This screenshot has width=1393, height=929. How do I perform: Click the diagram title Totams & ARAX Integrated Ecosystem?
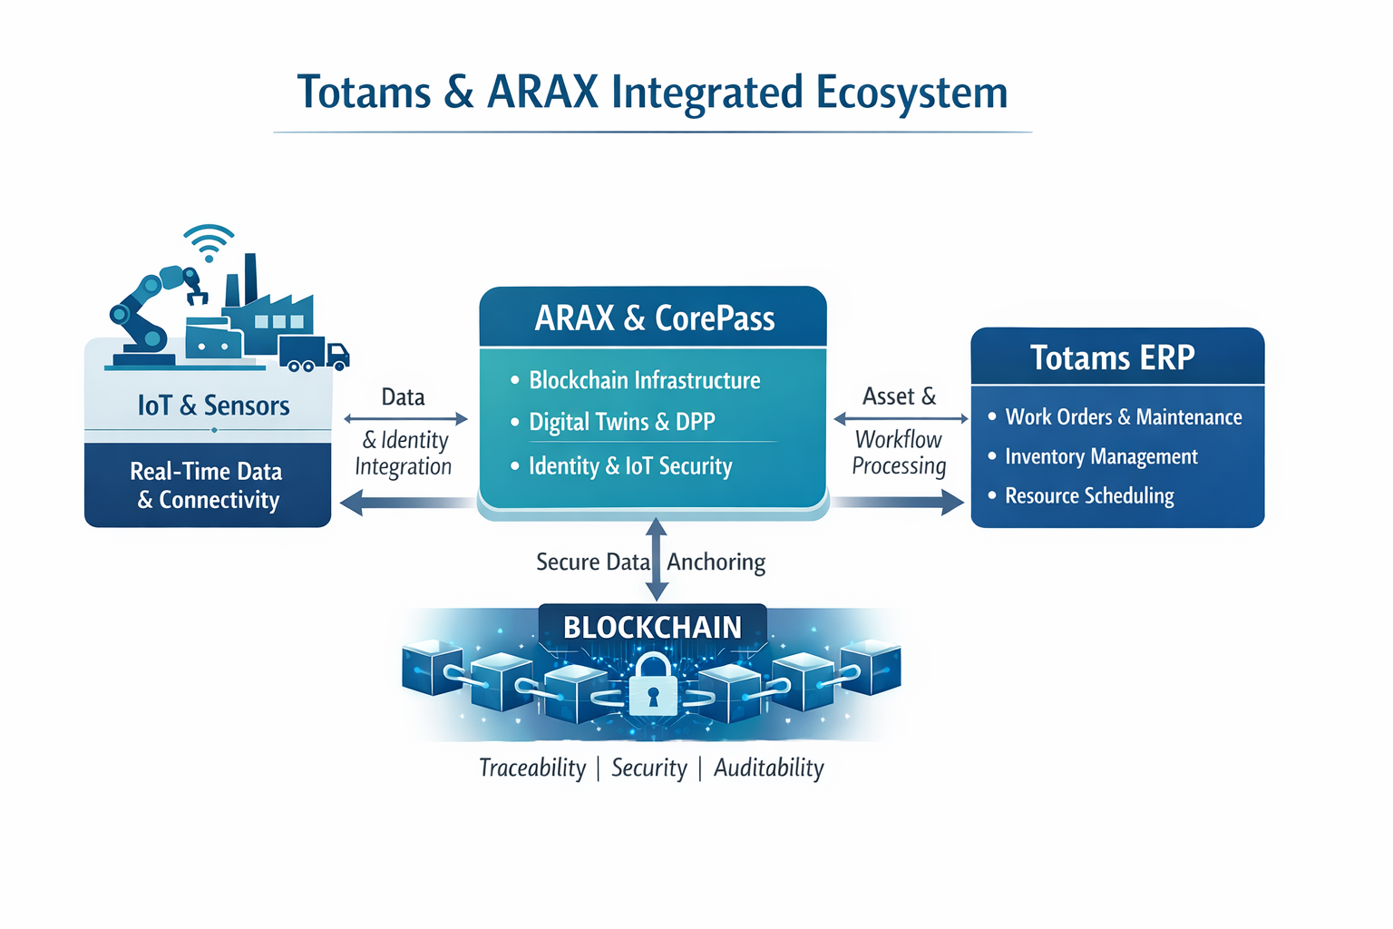coord(652,93)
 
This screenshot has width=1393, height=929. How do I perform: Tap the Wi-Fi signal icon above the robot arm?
coord(209,242)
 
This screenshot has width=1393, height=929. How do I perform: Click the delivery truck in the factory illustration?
coord(313,353)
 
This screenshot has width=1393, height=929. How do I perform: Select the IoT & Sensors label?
coord(213,406)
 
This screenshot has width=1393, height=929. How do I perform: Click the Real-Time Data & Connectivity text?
coord(207,485)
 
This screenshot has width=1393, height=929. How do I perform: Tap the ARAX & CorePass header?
coord(654,318)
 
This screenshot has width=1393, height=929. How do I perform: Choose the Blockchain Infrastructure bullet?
coord(644,380)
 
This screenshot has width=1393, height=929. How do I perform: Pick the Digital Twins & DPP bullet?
coord(621,422)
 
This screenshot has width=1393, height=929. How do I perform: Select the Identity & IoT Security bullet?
coord(629,466)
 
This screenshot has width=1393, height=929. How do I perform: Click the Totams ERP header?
coord(1112,357)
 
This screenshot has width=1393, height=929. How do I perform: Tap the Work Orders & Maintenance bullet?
coord(1123,417)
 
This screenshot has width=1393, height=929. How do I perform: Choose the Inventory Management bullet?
coord(1101,456)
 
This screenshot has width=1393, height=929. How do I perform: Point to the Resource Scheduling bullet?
coord(1088,496)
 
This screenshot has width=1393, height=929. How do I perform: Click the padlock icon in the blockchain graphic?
coord(653,686)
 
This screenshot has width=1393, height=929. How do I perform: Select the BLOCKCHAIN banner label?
coord(652,627)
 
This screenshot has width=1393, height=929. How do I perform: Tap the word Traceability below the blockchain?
coord(532,768)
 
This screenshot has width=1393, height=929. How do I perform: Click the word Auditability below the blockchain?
coord(768,768)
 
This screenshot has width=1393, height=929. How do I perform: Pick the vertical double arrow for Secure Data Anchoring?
coord(658,559)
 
